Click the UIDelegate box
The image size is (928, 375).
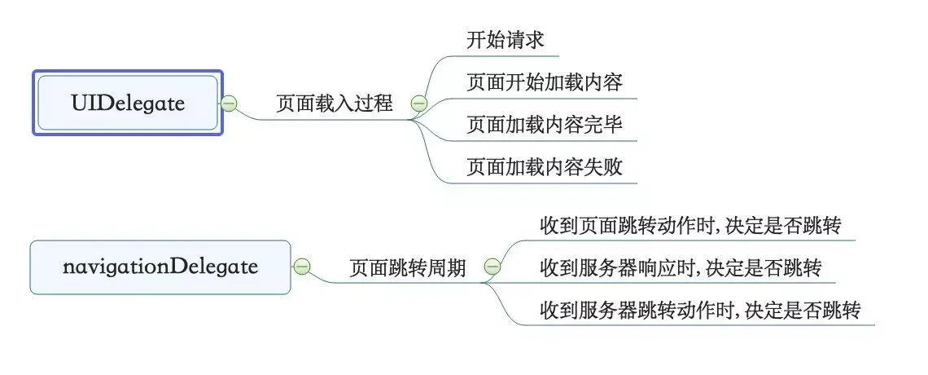click(128, 103)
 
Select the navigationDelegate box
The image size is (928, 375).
click(160, 267)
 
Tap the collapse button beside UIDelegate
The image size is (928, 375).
click(230, 104)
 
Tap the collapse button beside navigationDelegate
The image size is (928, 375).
click(301, 267)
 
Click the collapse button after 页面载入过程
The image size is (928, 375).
click(419, 104)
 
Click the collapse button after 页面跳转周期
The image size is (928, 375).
click(492, 267)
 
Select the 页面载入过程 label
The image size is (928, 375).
click(335, 104)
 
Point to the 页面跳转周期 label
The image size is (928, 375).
click(408, 267)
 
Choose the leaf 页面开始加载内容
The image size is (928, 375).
click(545, 82)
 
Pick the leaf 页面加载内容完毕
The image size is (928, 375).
click(545, 125)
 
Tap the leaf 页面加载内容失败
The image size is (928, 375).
click(545, 167)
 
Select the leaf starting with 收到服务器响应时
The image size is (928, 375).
click(681, 267)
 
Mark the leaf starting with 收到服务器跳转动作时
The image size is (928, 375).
click(700, 310)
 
